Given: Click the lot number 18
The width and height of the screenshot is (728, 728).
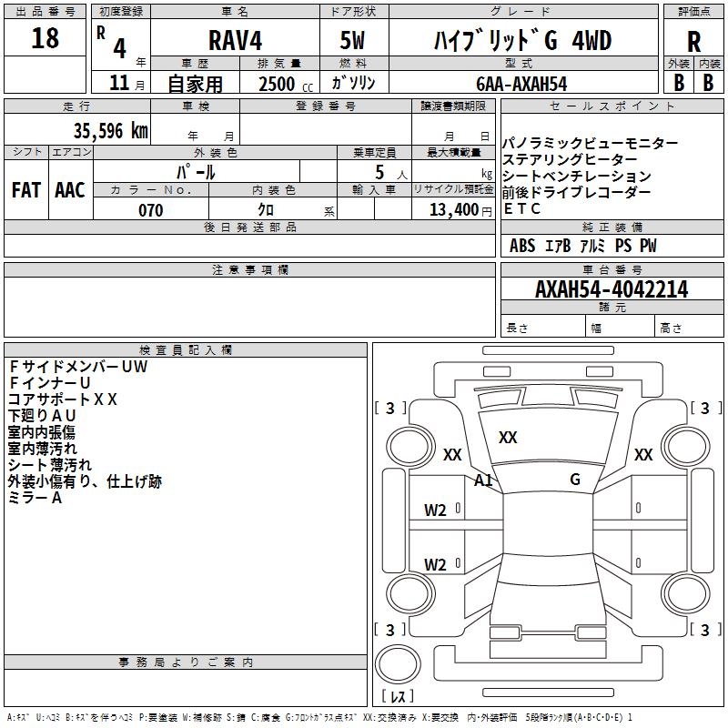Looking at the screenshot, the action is click(x=45, y=39).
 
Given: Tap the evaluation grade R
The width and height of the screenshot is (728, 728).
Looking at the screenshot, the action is click(x=693, y=42).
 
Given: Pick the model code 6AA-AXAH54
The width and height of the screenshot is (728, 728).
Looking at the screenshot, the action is click(x=521, y=84).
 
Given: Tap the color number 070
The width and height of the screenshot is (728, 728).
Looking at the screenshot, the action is click(x=150, y=210).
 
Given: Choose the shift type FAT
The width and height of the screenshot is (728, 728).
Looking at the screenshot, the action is click(x=25, y=190).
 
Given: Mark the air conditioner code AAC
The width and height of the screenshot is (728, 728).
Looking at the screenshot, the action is click(x=70, y=190).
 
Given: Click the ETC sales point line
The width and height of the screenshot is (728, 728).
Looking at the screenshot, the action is click(x=522, y=208).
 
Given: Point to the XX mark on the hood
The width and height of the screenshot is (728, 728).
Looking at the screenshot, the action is click(x=508, y=438).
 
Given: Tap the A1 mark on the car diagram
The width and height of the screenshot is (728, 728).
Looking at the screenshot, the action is click(x=483, y=480).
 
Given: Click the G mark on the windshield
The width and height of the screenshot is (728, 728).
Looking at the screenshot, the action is click(x=574, y=480).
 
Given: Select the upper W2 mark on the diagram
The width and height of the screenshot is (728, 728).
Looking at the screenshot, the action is click(x=435, y=511).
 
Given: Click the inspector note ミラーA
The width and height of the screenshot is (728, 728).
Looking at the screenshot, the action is click(x=35, y=498).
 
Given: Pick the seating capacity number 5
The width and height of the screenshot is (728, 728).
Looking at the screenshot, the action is click(x=378, y=172).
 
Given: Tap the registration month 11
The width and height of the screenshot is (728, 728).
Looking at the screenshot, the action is click(x=117, y=84).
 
